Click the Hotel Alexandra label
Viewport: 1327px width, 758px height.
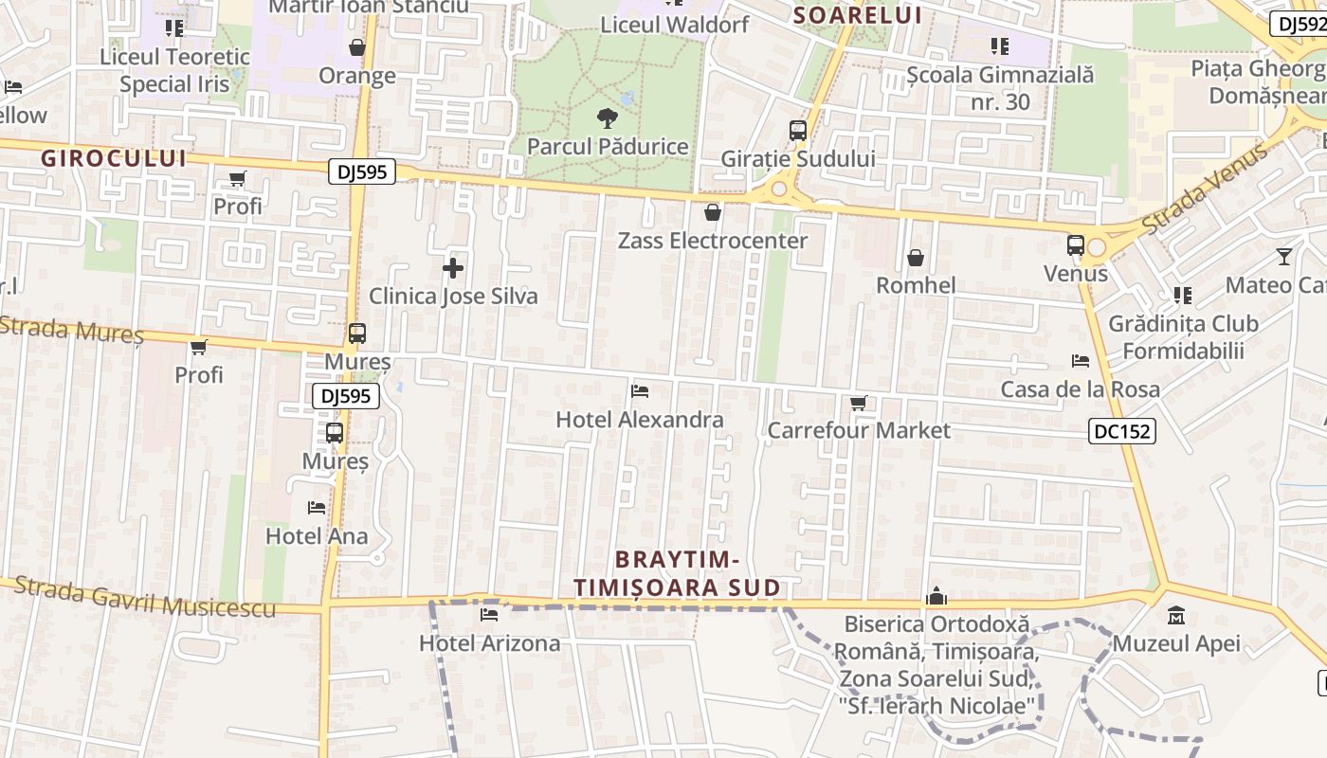tap(640, 420)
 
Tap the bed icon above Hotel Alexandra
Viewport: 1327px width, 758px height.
tap(640, 390)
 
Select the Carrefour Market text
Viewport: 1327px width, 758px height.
tap(858, 430)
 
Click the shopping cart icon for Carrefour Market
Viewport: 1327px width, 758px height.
tap(859, 404)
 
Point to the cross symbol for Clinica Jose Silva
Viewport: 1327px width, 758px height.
tap(453, 269)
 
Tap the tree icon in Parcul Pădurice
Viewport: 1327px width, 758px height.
tap(607, 118)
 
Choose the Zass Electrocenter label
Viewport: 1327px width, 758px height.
tap(713, 241)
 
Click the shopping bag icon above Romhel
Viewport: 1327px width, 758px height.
tap(916, 258)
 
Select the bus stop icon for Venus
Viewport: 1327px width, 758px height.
tap(1076, 245)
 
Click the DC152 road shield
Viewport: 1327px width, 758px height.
tap(1121, 431)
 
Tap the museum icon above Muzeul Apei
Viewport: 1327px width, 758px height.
tap(1176, 616)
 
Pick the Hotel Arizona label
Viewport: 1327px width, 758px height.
tap(490, 643)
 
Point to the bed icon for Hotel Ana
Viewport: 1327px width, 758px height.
tap(317, 508)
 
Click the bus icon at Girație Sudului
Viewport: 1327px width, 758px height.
tap(798, 131)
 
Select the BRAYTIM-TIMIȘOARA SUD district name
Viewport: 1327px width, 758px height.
tap(677, 573)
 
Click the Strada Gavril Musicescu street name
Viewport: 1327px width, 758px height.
tap(145, 598)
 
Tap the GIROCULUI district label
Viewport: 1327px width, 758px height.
tap(114, 158)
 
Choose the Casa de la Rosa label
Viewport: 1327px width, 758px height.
tap(1080, 389)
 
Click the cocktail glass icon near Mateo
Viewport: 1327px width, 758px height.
tap(1284, 256)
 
